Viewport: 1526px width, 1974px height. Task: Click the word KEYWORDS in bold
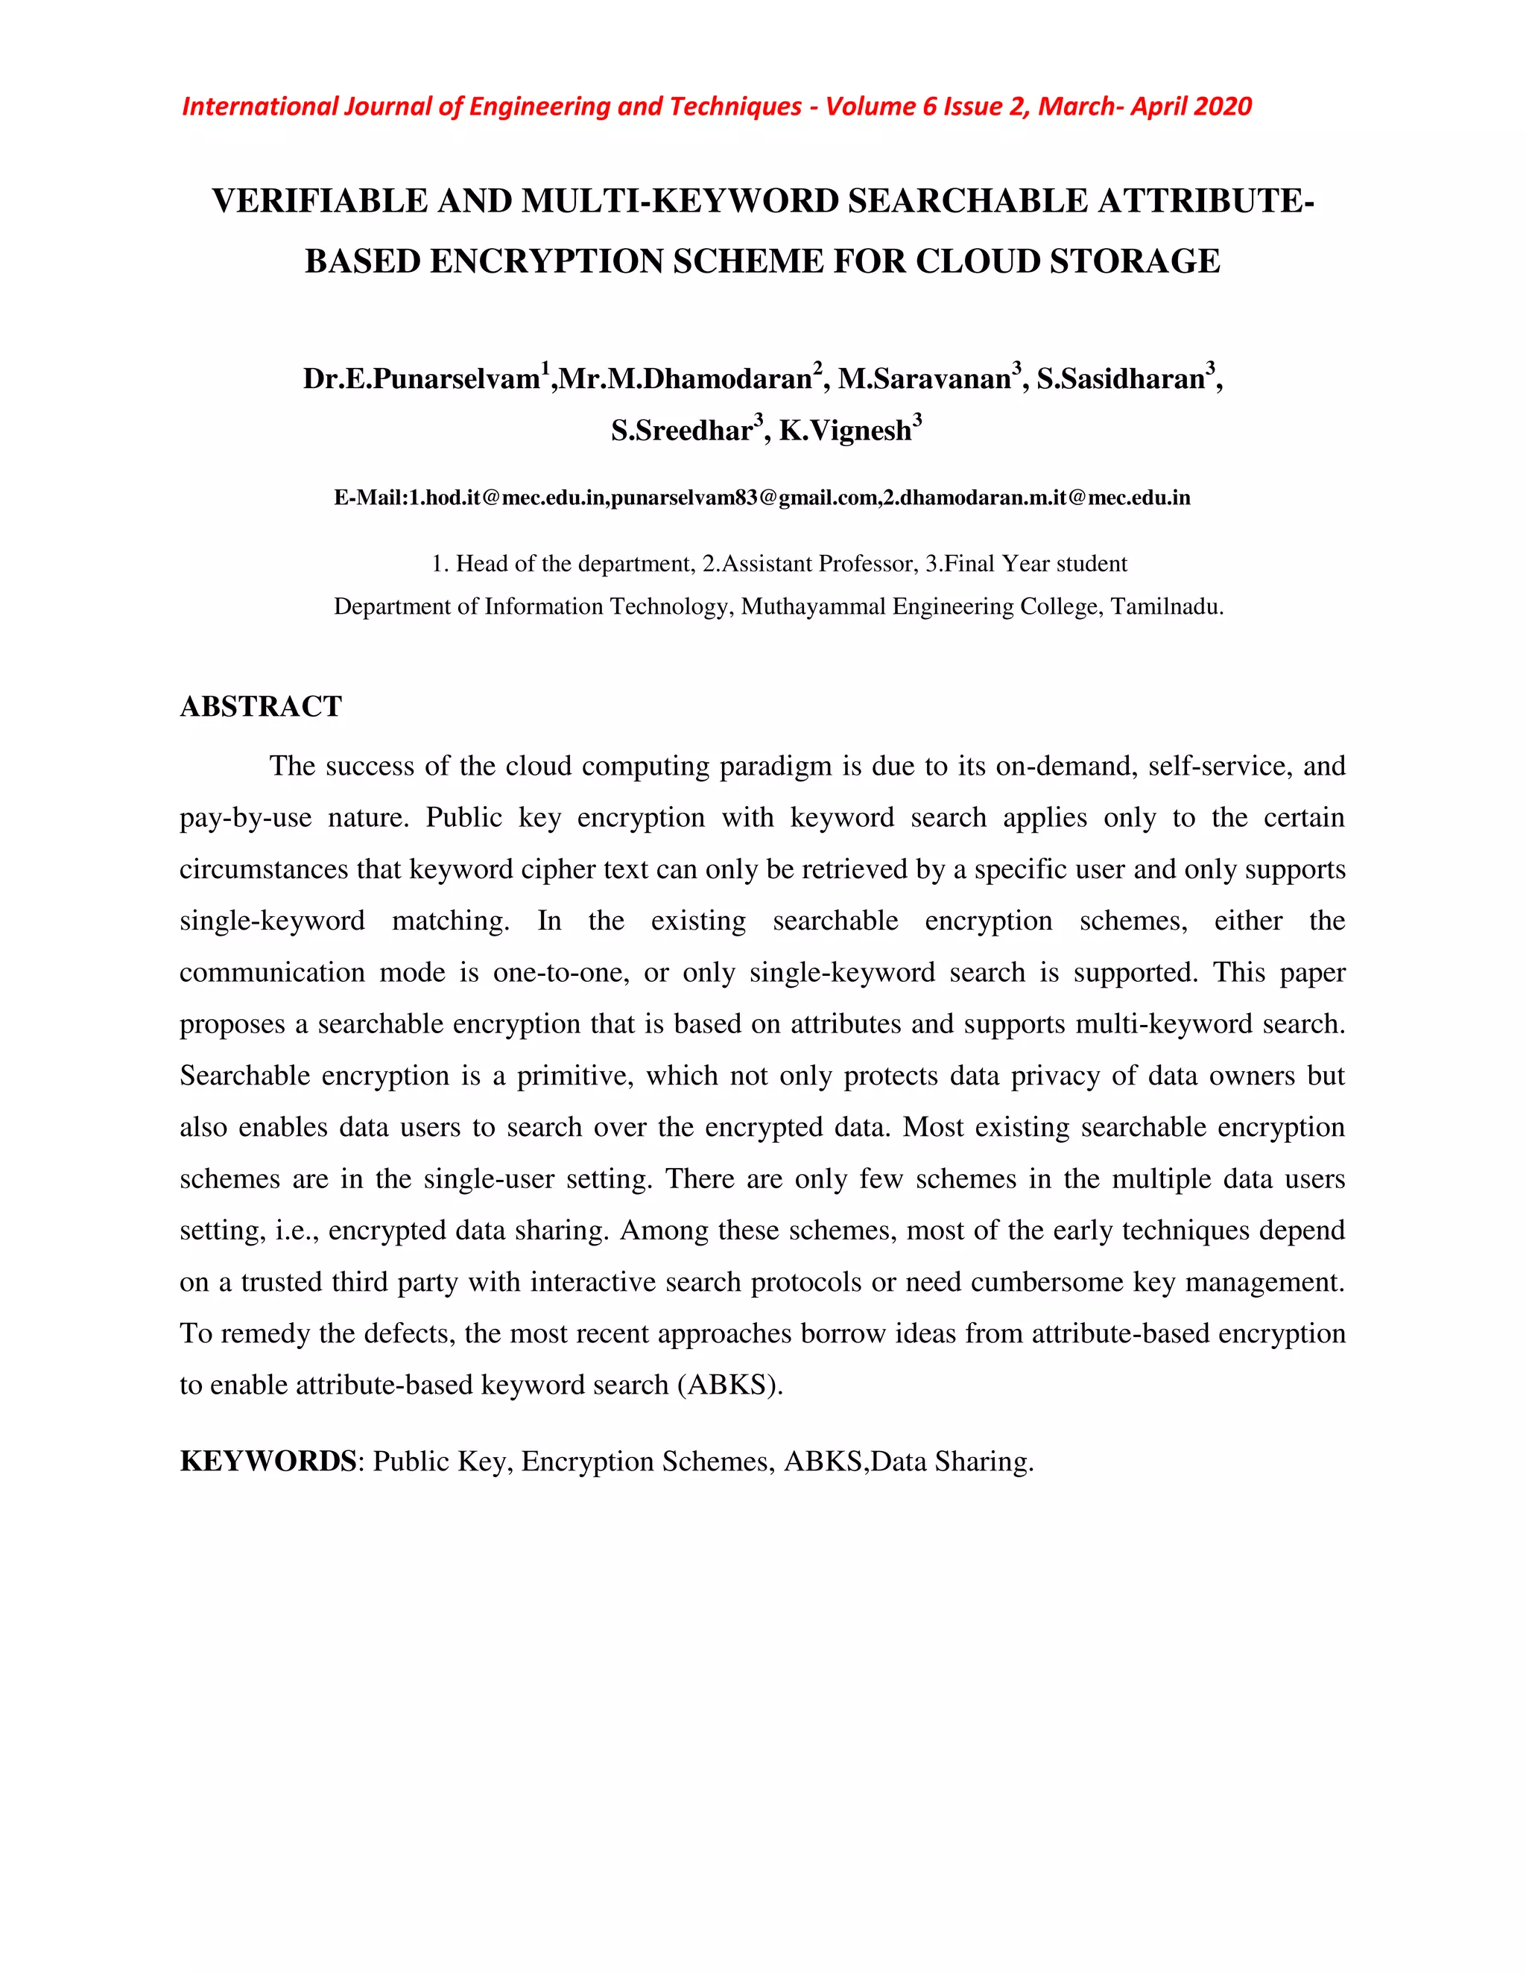click(x=267, y=1462)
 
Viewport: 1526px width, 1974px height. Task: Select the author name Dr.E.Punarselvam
click(x=421, y=378)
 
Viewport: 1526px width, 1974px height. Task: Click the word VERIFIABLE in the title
click(x=319, y=200)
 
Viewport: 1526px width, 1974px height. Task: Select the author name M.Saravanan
click(x=923, y=378)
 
